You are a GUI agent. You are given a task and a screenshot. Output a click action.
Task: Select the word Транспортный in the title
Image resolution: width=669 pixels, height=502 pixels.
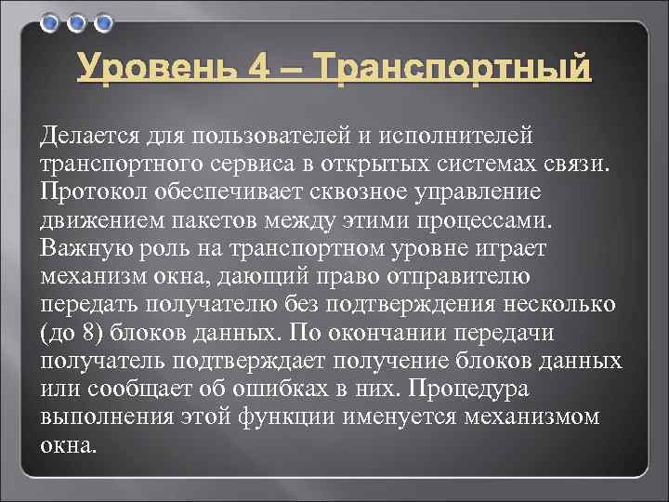[x=453, y=70]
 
